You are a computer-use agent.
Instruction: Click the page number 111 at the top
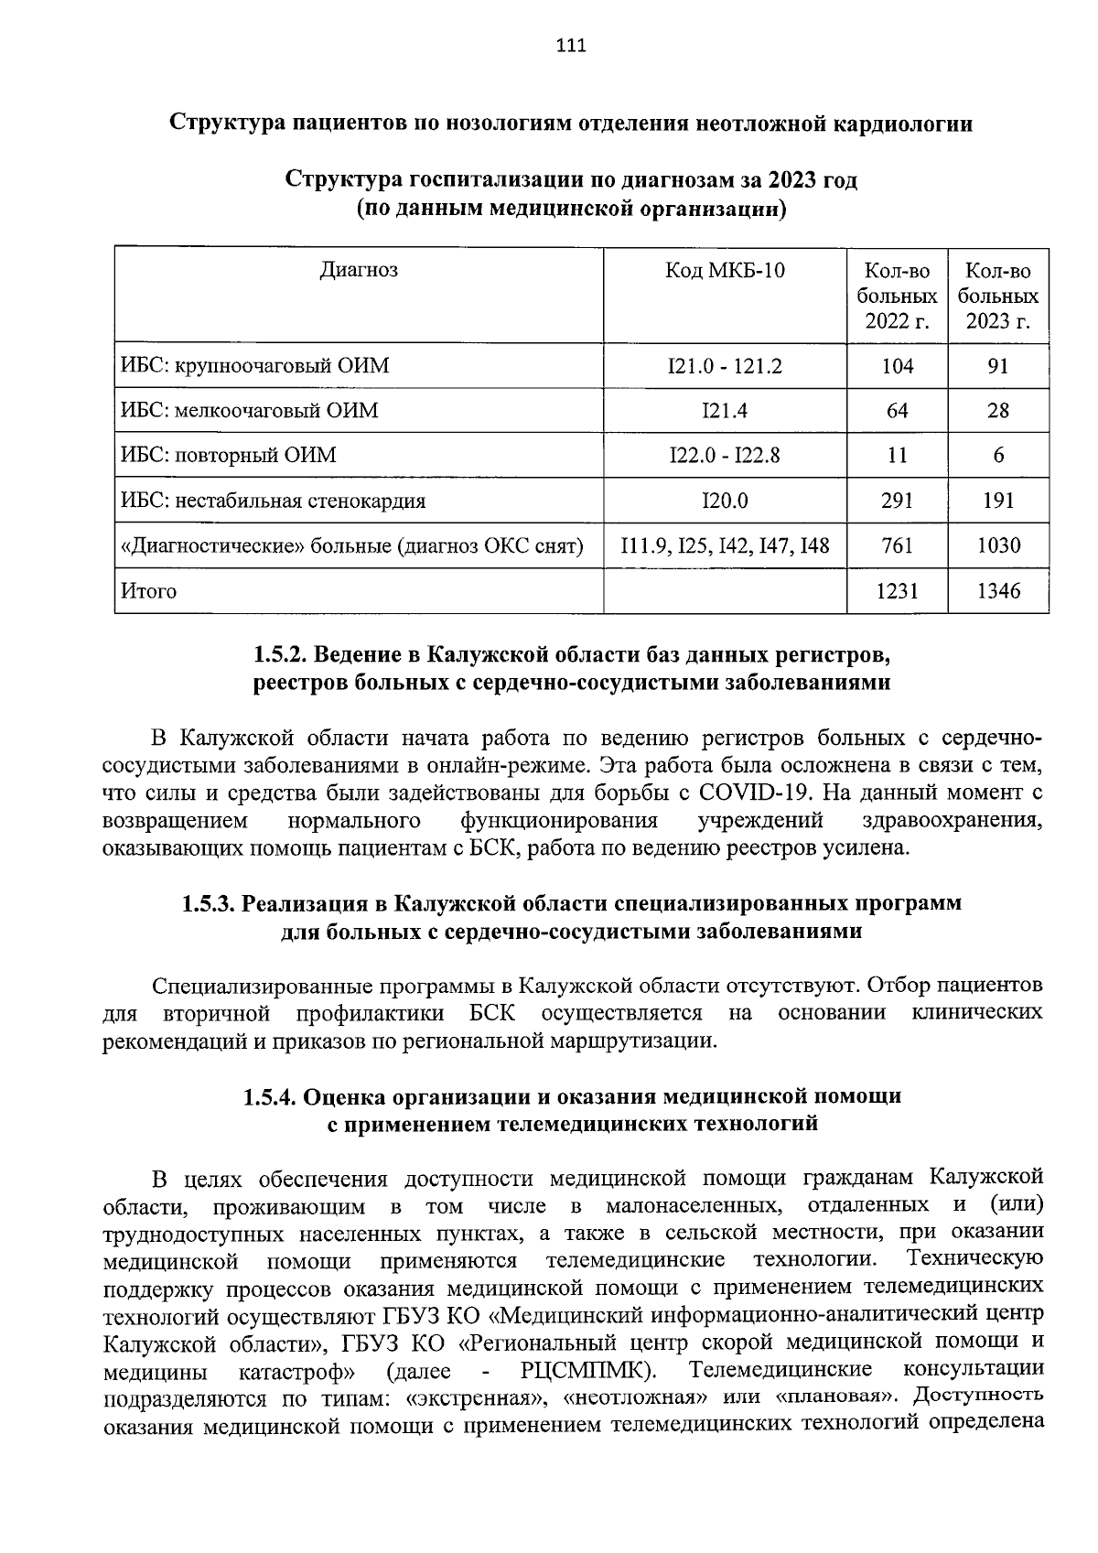tap(570, 46)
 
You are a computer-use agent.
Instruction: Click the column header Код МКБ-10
tap(725, 271)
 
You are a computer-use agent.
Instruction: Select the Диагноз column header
tap(359, 270)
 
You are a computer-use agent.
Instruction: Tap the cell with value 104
tap(898, 366)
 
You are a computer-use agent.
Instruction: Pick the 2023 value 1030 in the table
tap(998, 546)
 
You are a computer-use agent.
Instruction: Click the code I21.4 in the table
tap(725, 411)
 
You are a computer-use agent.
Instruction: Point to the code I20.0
tap(725, 501)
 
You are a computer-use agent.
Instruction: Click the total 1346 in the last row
tap(998, 591)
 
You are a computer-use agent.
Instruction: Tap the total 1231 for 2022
tap(898, 591)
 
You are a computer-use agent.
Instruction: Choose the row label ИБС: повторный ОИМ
tap(229, 456)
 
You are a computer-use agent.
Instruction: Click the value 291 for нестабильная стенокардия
tap(898, 501)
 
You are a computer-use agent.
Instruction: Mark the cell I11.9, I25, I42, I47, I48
tap(725, 546)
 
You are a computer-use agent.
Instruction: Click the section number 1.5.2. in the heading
tap(281, 655)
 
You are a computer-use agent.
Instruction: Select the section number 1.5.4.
tap(270, 1095)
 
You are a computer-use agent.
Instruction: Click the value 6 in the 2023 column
tap(998, 456)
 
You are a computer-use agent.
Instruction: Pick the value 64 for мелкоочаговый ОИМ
tap(898, 411)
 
